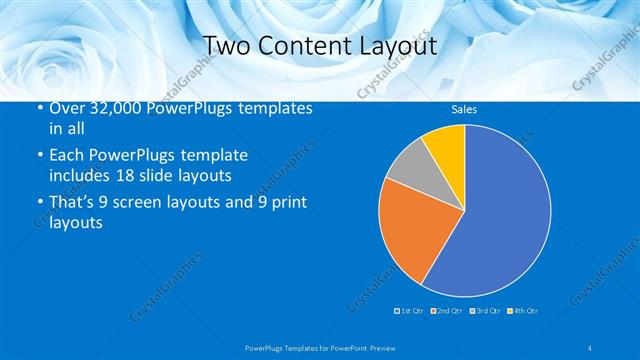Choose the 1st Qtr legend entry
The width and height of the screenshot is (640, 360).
411,311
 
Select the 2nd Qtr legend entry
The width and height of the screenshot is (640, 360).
447,311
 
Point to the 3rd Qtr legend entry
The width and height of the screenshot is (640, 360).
484,311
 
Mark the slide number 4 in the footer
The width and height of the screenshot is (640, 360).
590,346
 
